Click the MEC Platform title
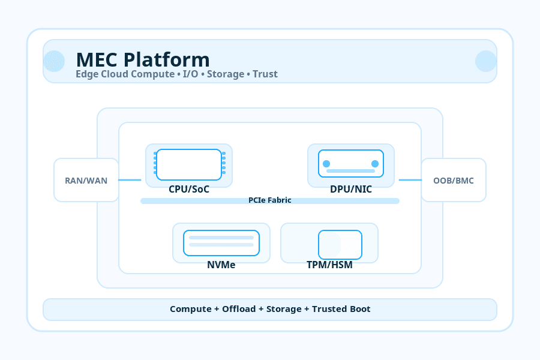143,60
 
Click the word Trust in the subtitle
265,74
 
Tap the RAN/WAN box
86,180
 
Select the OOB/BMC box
454,180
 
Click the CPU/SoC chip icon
189,164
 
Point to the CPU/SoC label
189,189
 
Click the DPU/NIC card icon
351,164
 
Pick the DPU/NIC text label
351,189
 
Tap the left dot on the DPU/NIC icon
326,164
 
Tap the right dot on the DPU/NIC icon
375,164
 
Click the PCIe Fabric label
270,200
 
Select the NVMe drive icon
221,243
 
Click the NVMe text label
221,265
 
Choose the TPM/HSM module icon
340,245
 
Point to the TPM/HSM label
329,265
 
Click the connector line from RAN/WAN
130,180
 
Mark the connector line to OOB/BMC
410,180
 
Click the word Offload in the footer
239,309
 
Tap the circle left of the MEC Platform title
54,61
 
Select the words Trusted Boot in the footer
341,309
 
